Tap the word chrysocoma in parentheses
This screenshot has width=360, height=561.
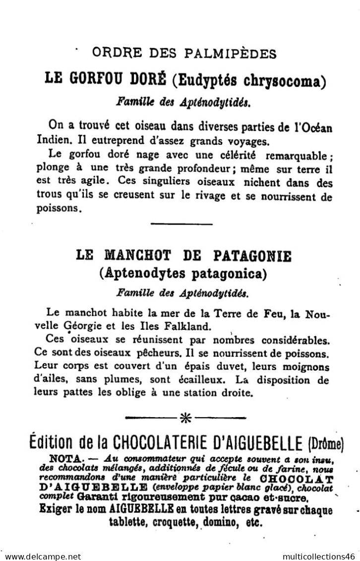click(285, 79)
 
